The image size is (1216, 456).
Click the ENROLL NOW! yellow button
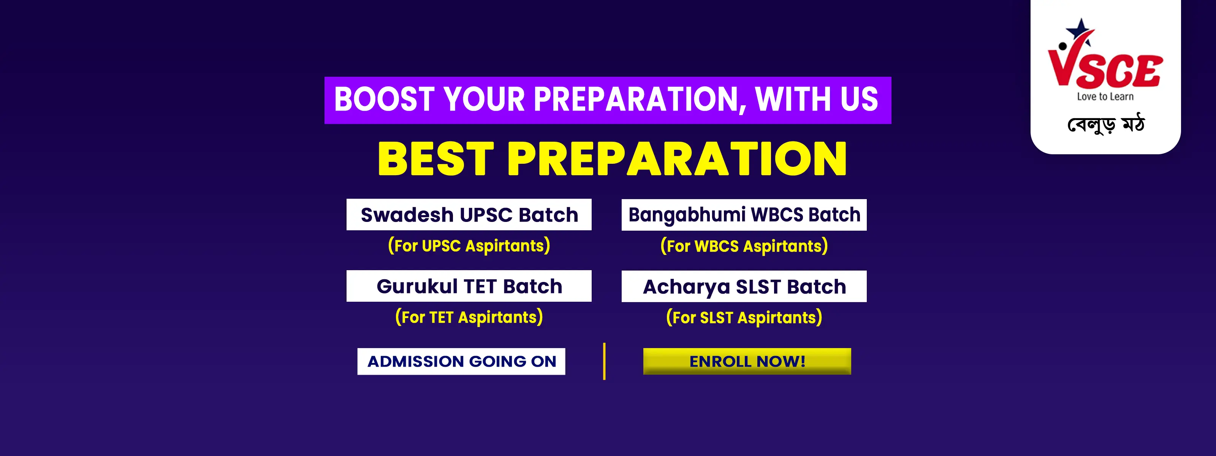(747, 361)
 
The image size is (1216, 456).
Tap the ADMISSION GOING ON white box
(461, 361)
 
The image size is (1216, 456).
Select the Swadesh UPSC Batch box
(469, 214)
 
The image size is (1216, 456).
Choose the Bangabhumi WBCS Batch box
(744, 215)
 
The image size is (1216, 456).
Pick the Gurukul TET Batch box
(469, 286)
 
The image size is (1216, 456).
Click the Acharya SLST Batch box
(744, 286)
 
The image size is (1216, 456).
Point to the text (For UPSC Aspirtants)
(469, 245)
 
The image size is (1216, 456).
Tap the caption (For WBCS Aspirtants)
(744, 246)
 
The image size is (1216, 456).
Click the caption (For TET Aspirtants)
(469, 317)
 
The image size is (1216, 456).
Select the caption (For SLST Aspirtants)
(744, 317)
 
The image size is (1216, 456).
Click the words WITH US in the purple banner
(816, 99)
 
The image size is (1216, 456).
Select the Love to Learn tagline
(1105, 96)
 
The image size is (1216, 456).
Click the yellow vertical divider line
(604, 361)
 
